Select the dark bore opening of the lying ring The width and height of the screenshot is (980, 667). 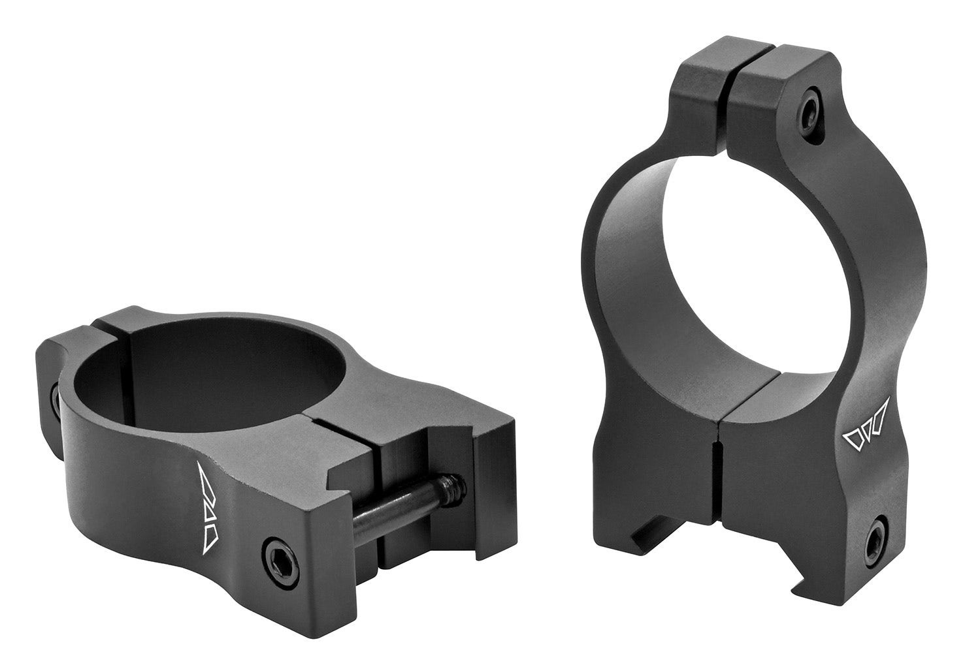pyautogui.click(x=196, y=379)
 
